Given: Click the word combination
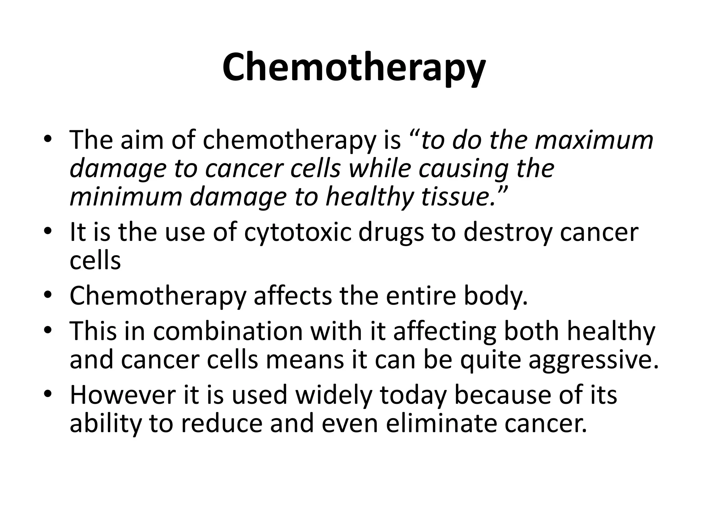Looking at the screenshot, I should [228, 331].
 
